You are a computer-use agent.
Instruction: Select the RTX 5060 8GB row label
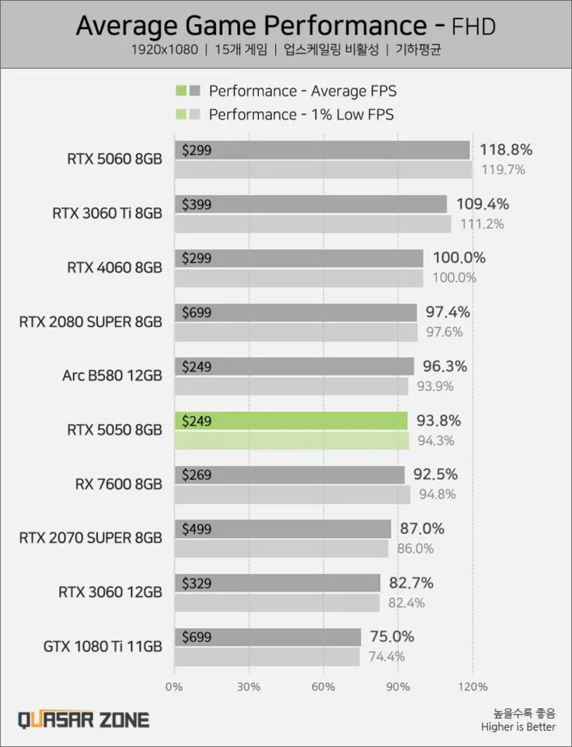click(x=114, y=160)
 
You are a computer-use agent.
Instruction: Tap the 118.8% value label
click(x=506, y=150)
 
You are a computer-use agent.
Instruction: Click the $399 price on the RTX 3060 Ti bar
click(x=196, y=205)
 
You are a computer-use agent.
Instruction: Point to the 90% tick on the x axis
click(x=398, y=686)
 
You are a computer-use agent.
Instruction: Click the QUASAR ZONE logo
click(x=84, y=720)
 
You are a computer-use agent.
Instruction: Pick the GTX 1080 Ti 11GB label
click(x=102, y=646)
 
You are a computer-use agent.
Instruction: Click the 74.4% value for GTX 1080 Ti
click(x=387, y=657)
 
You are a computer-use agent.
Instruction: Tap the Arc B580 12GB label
click(x=112, y=376)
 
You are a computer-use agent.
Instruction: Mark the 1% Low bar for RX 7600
click(x=292, y=495)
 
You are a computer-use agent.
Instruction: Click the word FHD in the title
click(x=474, y=27)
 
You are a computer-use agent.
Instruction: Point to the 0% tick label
click(x=174, y=686)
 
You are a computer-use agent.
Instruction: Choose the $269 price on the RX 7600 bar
click(x=196, y=475)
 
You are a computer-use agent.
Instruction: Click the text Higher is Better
click(x=518, y=727)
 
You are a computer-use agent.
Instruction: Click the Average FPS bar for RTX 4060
click(x=299, y=258)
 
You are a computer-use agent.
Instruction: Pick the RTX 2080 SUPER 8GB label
click(x=90, y=322)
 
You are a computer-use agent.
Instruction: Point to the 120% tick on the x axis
click(x=472, y=686)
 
